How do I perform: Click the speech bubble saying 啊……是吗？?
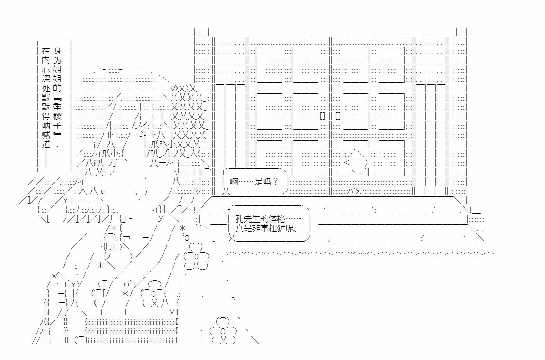pyautogui.click(x=255, y=182)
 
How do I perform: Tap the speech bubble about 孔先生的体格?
pyautogui.click(x=269, y=224)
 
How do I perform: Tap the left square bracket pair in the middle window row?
pyautogui.click(x=322, y=116)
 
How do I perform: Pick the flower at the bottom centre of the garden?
pyautogui.click(x=223, y=331)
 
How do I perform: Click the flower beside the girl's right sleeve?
pyautogui.click(x=196, y=257)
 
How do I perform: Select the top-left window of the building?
pyautogui.click(x=269, y=64)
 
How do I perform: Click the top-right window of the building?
pyautogui.click(x=391, y=64)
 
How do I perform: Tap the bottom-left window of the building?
pyautogui.click(x=269, y=158)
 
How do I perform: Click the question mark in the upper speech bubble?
pyautogui.click(x=276, y=182)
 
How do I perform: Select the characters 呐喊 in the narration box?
pyautogui.click(x=46, y=130)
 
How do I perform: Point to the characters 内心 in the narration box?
pyautogui.click(x=46, y=65)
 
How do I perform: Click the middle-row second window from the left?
pyautogui.click(x=305, y=111)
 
